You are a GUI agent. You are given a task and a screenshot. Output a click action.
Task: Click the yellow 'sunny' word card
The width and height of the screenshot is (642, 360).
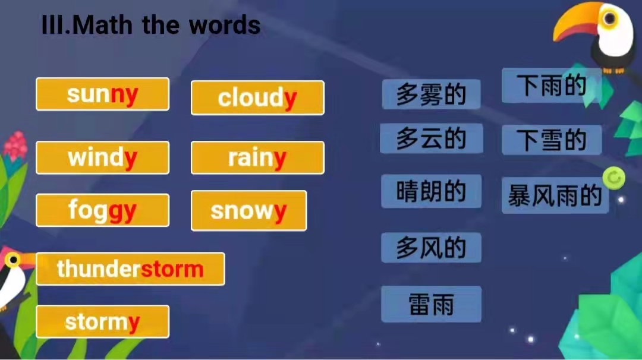[x=102, y=94]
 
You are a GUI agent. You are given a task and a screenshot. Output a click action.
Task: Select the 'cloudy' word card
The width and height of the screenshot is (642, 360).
[x=257, y=98]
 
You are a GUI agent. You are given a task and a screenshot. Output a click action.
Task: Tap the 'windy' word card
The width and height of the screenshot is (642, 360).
[x=102, y=157]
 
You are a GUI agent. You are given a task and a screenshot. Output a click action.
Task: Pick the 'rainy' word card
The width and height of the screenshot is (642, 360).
[x=257, y=157]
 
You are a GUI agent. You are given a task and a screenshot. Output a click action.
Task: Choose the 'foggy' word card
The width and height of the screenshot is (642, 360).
[x=102, y=210]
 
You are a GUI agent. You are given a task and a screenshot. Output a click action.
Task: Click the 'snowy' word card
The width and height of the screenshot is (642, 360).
[x=248, y=211]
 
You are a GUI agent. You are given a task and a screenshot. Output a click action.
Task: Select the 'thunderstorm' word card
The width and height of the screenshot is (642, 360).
[x=130, y=269]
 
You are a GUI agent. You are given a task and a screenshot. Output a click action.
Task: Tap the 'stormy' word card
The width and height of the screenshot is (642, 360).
[x=102, y=321]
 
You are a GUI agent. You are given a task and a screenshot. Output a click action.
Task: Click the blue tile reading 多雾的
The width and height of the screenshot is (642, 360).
[x=431, y=94]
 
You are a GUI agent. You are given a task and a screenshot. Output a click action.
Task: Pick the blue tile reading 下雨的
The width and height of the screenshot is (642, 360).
[x=552, y=86]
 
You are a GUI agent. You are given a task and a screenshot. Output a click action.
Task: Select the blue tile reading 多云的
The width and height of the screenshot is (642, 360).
[x=431, y=138]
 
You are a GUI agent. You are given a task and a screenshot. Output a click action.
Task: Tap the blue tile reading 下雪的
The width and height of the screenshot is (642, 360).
[x=552, y=140]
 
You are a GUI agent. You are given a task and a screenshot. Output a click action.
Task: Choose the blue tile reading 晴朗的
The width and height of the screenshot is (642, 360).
[x=431, y=191]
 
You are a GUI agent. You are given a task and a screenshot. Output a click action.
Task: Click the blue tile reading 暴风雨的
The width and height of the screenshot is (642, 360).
[x=555, y=195]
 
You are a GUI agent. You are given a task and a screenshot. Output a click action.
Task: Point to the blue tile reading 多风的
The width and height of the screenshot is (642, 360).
[x=431, y=248]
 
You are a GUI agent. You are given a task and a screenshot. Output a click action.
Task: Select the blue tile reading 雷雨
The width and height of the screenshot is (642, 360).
[x=431, y=304]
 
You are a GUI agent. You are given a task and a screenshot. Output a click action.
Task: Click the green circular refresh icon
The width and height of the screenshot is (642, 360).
[x=613, y=178]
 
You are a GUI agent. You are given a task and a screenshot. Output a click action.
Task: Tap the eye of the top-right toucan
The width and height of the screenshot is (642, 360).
[x=610, y=18]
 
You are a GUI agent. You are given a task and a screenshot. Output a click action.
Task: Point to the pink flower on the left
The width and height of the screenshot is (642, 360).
[x=15, y=147]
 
